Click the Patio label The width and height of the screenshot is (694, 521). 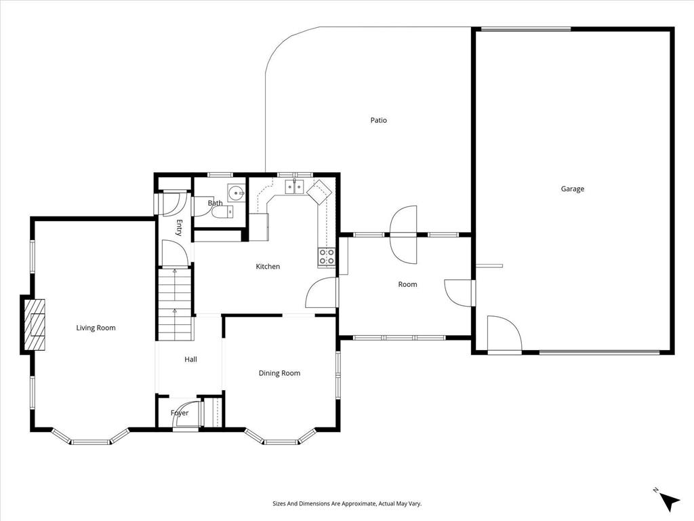tap(378, 121)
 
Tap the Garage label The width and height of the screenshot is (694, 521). tap(572, 189)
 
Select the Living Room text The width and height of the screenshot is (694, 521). tap(96, 328)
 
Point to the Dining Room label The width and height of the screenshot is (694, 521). tap(279, 373)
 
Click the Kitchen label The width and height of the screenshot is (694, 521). tap(268, 267)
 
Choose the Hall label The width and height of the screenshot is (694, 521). tap(190, 360)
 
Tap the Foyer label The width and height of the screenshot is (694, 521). tap(179, 413)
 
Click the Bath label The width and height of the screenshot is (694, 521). tap(215, 203)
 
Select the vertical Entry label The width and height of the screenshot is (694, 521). tap(180, 227)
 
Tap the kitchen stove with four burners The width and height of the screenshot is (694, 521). tap(327, 256)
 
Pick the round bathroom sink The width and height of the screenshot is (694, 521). tap(236, 193)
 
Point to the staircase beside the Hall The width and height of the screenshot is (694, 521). tap(176, 305)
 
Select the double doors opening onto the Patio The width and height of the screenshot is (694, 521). tap(404, 235)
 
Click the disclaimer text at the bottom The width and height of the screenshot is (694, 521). tap(347, 504)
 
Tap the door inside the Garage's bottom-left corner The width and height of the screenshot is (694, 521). tap(503, 334)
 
